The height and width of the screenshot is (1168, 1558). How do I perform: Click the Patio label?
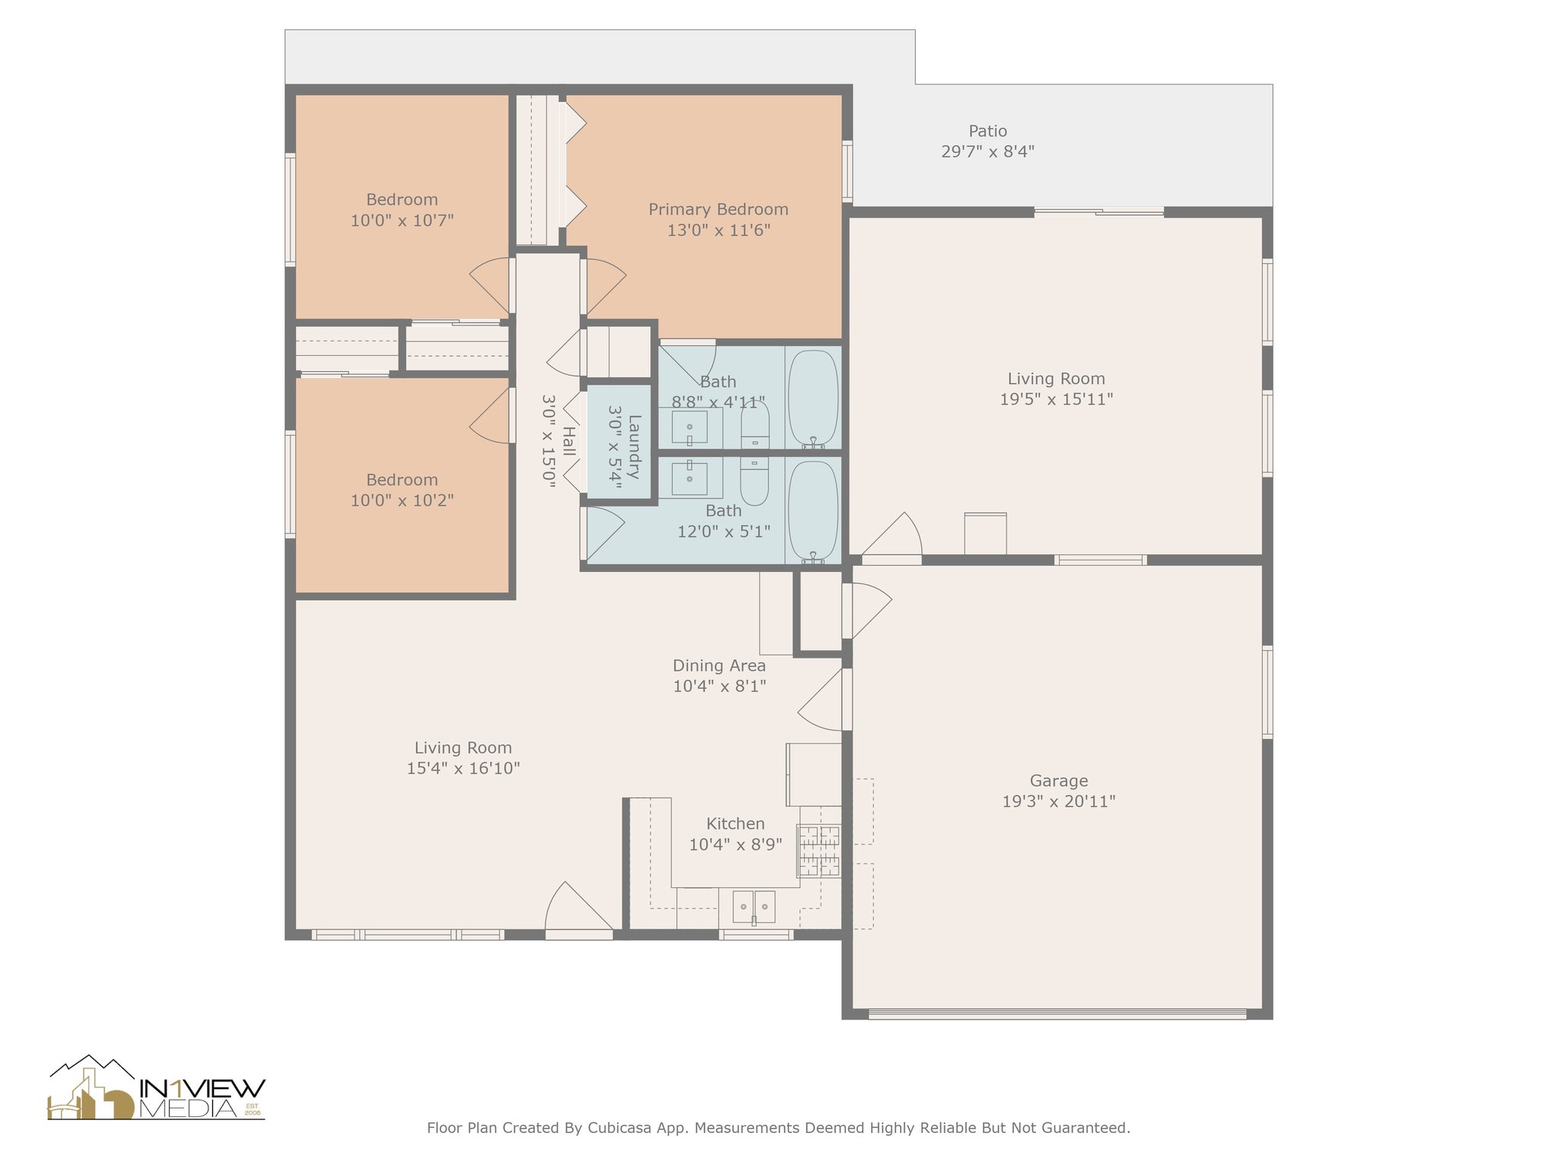click(987, 132)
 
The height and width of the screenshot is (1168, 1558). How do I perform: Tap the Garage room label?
click(1058, 781)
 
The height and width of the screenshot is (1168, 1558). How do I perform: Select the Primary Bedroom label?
click(718, 210)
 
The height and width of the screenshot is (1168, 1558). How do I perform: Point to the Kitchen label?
click(736, 824)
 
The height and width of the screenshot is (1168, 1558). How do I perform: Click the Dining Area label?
click(719, 666)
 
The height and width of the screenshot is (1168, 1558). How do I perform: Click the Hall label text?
click(568, 441)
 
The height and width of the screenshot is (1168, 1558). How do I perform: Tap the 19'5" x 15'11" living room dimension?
click(1056, 399)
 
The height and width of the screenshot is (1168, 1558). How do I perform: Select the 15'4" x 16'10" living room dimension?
click(463, 768)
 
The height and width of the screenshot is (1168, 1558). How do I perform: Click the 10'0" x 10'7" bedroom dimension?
click(402, 221)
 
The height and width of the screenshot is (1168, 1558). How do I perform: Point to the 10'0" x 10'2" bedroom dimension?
click(402, 500)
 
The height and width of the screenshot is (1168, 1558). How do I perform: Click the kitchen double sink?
click(754, 907)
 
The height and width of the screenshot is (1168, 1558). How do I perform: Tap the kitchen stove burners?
click(819, 850)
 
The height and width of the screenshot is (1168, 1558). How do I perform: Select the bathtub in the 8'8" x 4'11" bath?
click(813, 398)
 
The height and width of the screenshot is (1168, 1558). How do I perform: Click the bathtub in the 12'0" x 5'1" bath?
click(813, 512)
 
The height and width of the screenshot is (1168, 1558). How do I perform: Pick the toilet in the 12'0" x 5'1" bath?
click(755, 481)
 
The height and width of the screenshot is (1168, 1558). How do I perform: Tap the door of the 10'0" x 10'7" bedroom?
click(491, 285)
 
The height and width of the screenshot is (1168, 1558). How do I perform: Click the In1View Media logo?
click(156, 1087)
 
